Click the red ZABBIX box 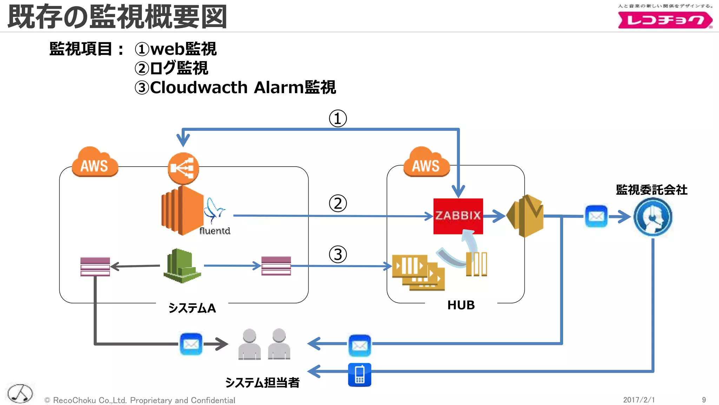pos(458,216)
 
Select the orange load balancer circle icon pos(183,168)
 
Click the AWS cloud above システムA pos(95,163)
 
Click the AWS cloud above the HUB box pos(426,163)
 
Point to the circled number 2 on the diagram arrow pos(338,204)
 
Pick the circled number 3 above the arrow pos(338,255)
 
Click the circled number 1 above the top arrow pos(338,118)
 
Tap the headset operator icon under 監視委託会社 pos(653,217)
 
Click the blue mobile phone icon pos(359,375)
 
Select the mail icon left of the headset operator pos(596,216)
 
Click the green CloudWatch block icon pos(182,266)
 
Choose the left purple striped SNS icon pos(95,266)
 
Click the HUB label pos(461,305)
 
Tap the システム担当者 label pos(262,382)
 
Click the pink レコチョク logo pos(665,20)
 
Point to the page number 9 pos(704,400)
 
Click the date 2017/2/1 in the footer pos(639,400)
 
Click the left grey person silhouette pos(250,344)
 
